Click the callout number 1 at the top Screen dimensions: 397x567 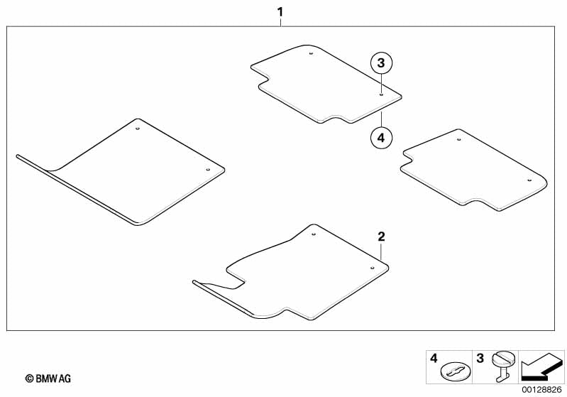pos(280,12)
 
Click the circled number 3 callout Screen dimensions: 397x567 pos(381,63)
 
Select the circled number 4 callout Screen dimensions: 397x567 pos(380,137)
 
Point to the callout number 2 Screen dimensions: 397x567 pos(381,236)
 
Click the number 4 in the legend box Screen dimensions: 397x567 pos(434,359)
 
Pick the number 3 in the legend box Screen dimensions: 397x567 pos(480,359)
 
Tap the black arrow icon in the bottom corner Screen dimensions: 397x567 pos(541,367)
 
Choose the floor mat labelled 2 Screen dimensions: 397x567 pos(305,273)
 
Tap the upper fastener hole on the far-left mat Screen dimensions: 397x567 pos(138,129)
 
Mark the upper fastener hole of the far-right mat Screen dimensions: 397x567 pos(459,140)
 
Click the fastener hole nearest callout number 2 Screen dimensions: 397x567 pos(372,268)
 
